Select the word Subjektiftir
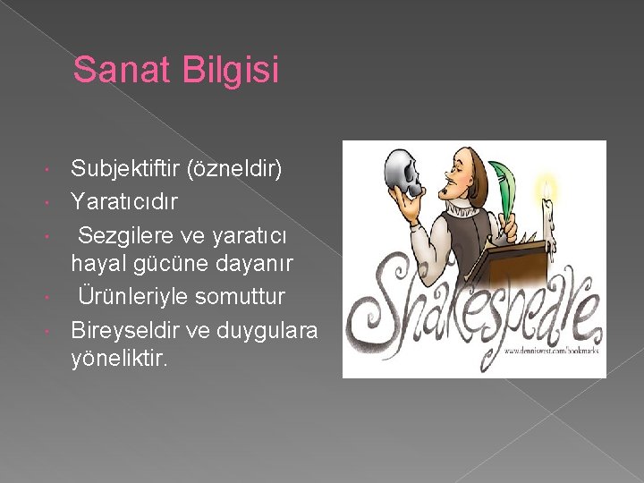click(x=128, y=168)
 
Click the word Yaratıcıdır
click(x=124, y=202)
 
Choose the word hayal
click(x=96, y=263)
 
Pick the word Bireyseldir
click(x=126, y=330)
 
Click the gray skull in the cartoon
click(x=402, y=175)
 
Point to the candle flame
click(x=547, y=187)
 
